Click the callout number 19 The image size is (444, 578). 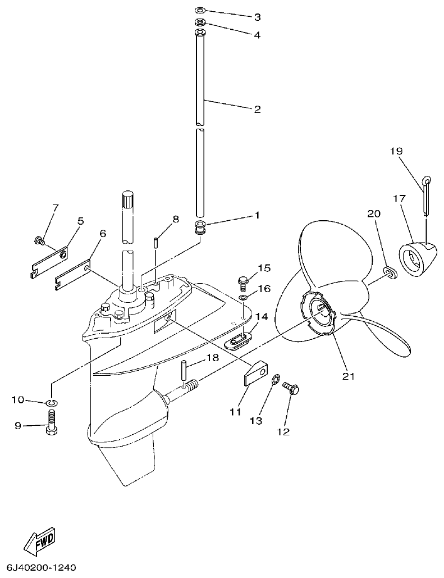pyautogui.click(x=396, y=151)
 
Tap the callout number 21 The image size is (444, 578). pyautogui.click(x=349, y=376)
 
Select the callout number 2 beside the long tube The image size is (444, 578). pyautogui.click(x=257, y=109)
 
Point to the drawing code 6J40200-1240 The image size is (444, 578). pyautogui.click(x=42, y=567)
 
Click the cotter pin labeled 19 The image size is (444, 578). pyautogui.click(x=426, y=197)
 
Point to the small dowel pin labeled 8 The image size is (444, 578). pyautogui.click(x=156, y=242)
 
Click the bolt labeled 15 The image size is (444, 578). pyautogui.click(x=244, y=280)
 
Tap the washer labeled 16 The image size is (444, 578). pyautogui.click(x=242, y=297)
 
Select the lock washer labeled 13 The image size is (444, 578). pyautogui.click(x=276, y=381)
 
